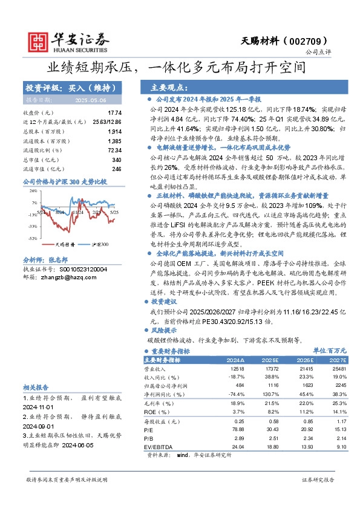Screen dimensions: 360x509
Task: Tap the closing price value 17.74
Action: pos(114,113)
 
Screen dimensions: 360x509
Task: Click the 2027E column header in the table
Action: pos(339,360)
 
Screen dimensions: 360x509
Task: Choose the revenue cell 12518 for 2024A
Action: pos(237,368)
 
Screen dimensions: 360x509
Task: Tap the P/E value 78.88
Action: pos(237,430)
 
